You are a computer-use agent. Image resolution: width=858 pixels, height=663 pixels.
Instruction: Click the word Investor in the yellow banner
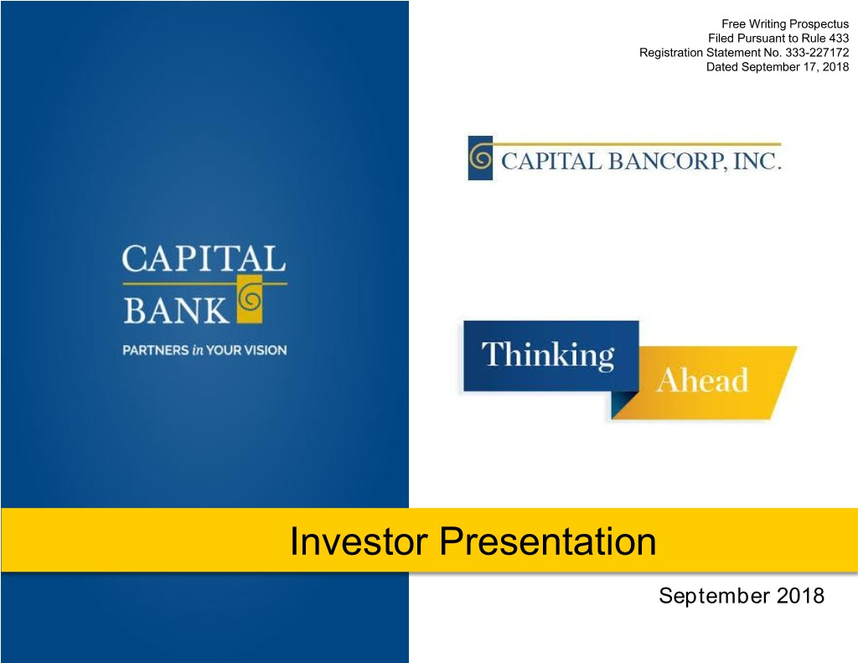pyautogui.click(x=358, y=541)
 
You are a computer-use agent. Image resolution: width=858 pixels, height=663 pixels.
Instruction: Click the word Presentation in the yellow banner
pyautogui.click(x=548, y=541)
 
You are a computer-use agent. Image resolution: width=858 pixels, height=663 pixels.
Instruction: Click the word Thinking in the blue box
pyautogui.click(x=548, y=355)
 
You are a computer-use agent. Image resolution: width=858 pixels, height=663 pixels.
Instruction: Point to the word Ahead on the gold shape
pyautogui.click(x=702, y=380)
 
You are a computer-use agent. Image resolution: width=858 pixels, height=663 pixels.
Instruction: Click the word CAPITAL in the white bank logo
pyautogui.click(x=204, y=258)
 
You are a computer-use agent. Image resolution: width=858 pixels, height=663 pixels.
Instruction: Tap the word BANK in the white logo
pyautogui.click(x=175, y=310)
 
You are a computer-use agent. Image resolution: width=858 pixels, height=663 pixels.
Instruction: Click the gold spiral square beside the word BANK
pyautogui.click(x=250, y=298)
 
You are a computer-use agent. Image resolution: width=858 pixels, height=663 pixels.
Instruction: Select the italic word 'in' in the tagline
pyautogui.click(x=198, y=350)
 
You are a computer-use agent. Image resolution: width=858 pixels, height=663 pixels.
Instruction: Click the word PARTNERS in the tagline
pyautogui.click(x=155, y=350)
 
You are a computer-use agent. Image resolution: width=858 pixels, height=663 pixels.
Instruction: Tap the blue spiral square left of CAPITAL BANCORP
pyautogui.click(x=480, y=158)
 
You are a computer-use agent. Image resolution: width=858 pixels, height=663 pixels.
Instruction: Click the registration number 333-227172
pyautogui.click(x=817, y=53)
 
